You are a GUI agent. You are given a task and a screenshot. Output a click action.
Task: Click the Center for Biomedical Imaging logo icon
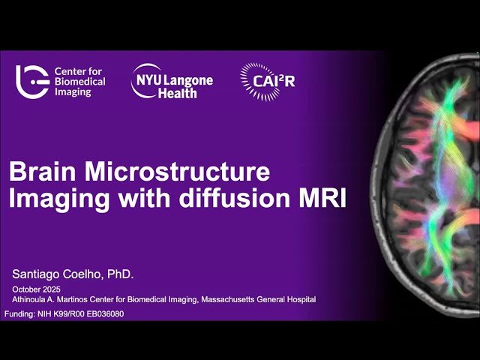click(x=32, y=81)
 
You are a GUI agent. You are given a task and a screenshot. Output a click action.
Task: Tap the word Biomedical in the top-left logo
click(x=79, y=81)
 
